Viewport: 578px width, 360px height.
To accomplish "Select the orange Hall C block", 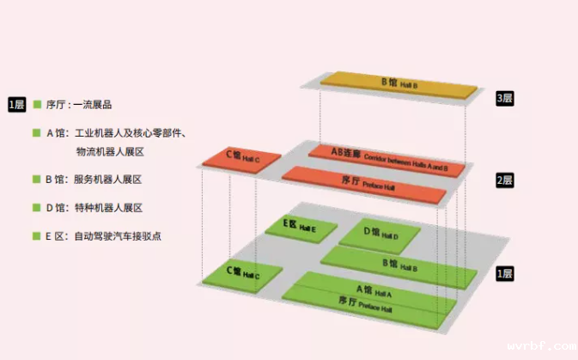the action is coord(242,159).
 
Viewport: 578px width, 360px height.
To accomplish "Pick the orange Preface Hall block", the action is coord(364,184).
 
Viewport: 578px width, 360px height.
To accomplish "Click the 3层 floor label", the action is coord(504,99).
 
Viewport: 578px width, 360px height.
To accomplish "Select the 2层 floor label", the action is coord(504,180).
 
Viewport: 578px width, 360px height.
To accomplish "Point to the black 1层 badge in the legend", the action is coord(16,104).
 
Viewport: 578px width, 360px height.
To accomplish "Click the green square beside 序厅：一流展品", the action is coord(37,104).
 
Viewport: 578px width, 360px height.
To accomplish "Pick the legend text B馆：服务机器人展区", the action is coord(94,180).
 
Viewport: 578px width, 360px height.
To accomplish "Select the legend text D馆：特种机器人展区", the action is coord(94,207).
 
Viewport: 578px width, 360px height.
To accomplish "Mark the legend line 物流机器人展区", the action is coord(109,152).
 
